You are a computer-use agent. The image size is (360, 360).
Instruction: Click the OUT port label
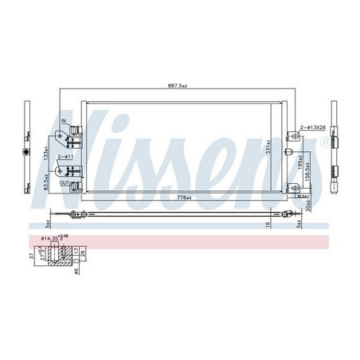[x=76, y=183]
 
